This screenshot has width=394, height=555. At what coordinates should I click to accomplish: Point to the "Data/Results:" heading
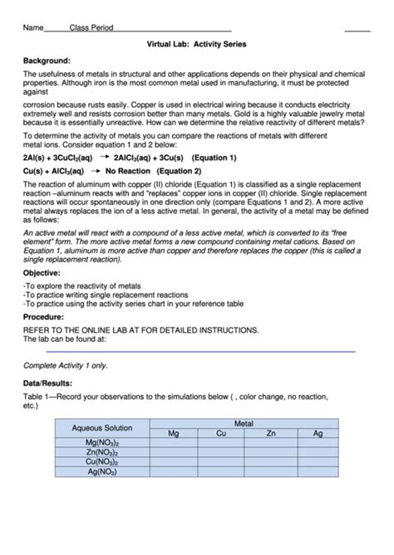click(47, 383)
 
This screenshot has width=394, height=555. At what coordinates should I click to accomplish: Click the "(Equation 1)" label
click(214, 158)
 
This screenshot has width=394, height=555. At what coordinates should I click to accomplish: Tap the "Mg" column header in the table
click(173, 433)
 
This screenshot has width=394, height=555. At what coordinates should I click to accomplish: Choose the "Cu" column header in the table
click(221, 433)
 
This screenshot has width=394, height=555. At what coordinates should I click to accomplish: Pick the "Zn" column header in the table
click(270, 433)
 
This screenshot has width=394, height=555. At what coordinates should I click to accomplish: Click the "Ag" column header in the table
click(318, 433)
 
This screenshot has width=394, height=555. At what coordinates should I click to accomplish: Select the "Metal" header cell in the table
click(244, 423)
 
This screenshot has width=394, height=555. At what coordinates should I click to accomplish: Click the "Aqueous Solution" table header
click(102, 428)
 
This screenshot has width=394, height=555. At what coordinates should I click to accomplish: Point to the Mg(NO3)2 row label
click(102, 443)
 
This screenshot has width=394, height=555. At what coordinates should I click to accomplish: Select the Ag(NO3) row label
click(102, 472)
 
